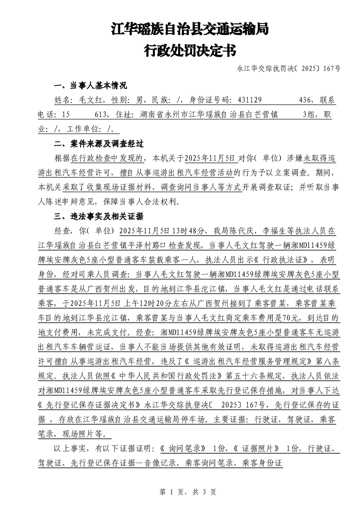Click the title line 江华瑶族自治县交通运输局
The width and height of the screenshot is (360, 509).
tap(190, 29)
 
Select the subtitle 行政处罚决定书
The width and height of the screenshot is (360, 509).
tap(190, 50)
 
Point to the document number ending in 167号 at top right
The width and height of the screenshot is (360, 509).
tap(288, 69)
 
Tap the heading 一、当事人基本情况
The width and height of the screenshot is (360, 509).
tap(90, 86)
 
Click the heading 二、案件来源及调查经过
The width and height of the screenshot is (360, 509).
tap(99, 144)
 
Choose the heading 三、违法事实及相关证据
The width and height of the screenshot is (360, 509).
tap(99, 215)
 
